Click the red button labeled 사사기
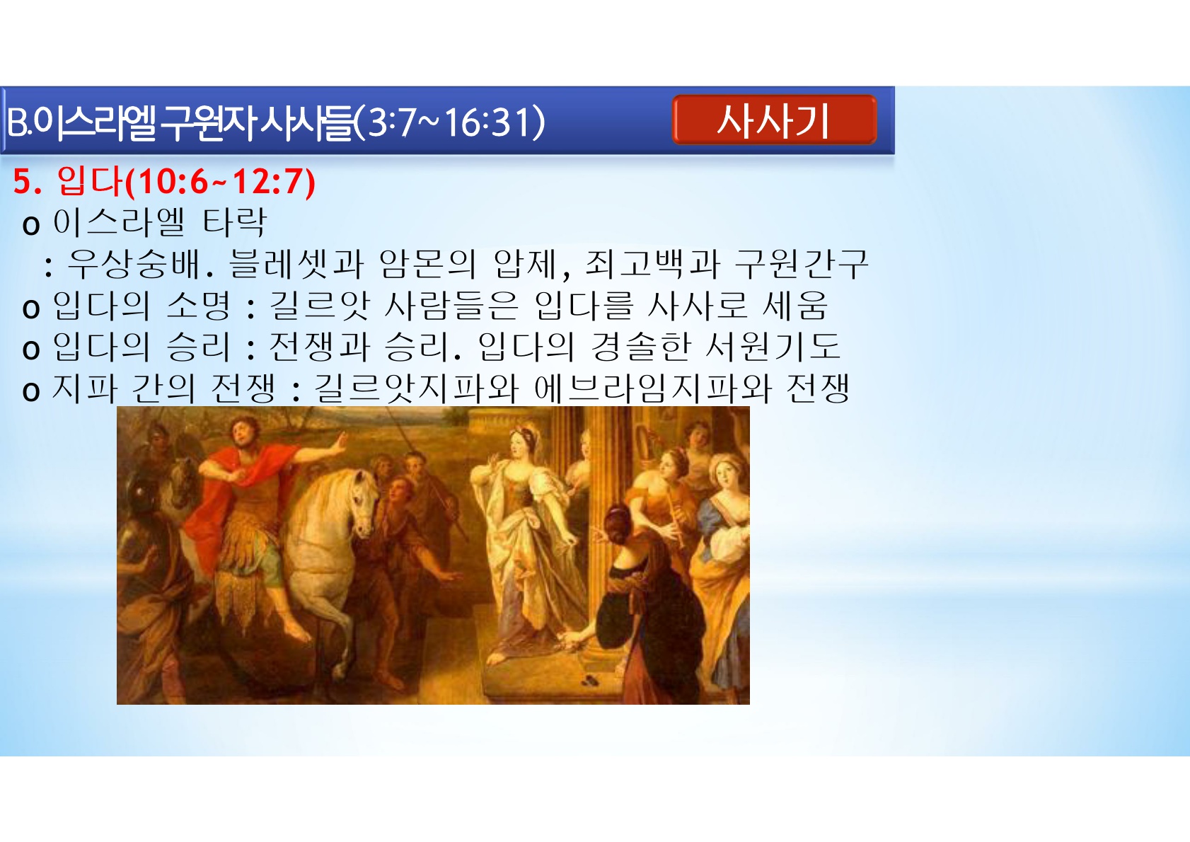click(x=774, y=120)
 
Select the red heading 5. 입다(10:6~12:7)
click(x=164, y=182)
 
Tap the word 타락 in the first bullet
click(x=234, y=222)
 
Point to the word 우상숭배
click(x=134, y=264)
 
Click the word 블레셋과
click(x=296, y=264)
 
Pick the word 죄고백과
click(x=651, y=264)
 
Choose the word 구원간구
click(x=802, y=264)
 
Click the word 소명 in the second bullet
click(x=199, y=306)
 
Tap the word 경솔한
click(x=640, y=347)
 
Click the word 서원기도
click(x=773, y=347)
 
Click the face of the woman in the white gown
click(x=518, y=441)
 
